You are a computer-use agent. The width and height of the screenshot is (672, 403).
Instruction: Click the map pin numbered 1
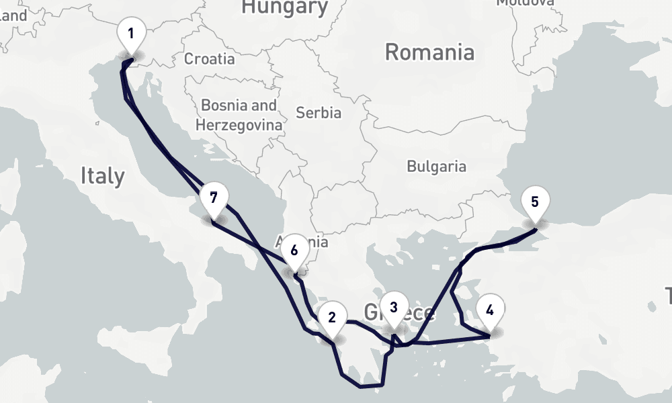(130, 33)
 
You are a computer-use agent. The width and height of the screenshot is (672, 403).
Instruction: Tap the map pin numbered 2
(332, 318)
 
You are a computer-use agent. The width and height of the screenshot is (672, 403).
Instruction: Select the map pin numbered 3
(394, 308)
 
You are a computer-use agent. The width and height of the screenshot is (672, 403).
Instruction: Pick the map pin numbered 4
(489, 310)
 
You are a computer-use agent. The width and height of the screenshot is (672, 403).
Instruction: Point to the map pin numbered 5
(535, 201)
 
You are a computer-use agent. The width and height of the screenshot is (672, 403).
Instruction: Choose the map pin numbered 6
(294, 251)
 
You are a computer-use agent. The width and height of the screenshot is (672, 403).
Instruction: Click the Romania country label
(430, 52)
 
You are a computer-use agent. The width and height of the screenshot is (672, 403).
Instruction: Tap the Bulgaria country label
(436, 166)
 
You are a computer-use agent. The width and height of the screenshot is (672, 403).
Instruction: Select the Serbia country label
(318, 113)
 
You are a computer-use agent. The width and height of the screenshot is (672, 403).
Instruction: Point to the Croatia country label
(210, 59)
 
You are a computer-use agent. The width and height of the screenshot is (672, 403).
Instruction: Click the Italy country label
(102, 176)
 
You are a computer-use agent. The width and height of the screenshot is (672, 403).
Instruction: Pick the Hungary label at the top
(284, 7)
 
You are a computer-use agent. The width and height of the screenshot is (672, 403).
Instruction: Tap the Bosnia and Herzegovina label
(239, 115)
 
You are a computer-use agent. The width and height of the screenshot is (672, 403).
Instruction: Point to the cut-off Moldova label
(525, 3)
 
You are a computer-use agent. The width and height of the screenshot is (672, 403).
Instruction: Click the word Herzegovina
(239, 124)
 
